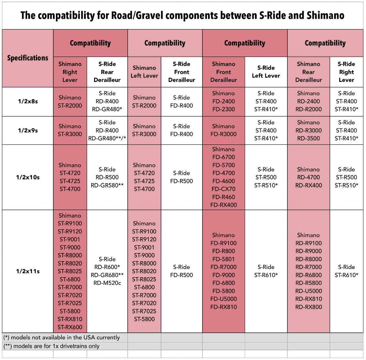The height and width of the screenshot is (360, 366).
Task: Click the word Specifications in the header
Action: tap(28, 58)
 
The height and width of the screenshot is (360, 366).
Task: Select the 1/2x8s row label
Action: tap(28, 101)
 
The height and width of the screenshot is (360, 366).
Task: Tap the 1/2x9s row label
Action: tap(28, 130)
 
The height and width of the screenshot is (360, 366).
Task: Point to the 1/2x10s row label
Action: tap(28, 177)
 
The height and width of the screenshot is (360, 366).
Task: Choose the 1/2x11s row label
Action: tap(28, 271)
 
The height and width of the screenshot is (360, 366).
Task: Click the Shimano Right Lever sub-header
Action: tap(70, 72)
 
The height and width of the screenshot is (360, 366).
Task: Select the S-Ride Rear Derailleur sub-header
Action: tap(107, 72)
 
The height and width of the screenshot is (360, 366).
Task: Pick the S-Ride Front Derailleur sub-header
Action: tap(182, 72)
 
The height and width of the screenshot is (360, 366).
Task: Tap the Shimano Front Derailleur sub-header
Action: tap(223, 72)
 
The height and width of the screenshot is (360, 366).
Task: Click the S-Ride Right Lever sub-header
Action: tap(346, 72)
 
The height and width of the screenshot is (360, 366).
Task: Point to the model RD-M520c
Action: tap(107, 283)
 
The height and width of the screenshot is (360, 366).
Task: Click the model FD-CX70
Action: tap(223, 189)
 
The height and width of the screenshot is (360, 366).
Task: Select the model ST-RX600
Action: tap(70, 327)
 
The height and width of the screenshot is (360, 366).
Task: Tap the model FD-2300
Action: tap(223, 109)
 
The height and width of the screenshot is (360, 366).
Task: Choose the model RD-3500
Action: tap(308, 138)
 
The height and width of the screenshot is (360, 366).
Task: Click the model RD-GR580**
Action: tap(107, 185)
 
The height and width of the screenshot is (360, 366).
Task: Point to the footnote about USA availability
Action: tap(61, 337)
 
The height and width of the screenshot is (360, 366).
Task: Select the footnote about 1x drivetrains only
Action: tap(51, 346)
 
